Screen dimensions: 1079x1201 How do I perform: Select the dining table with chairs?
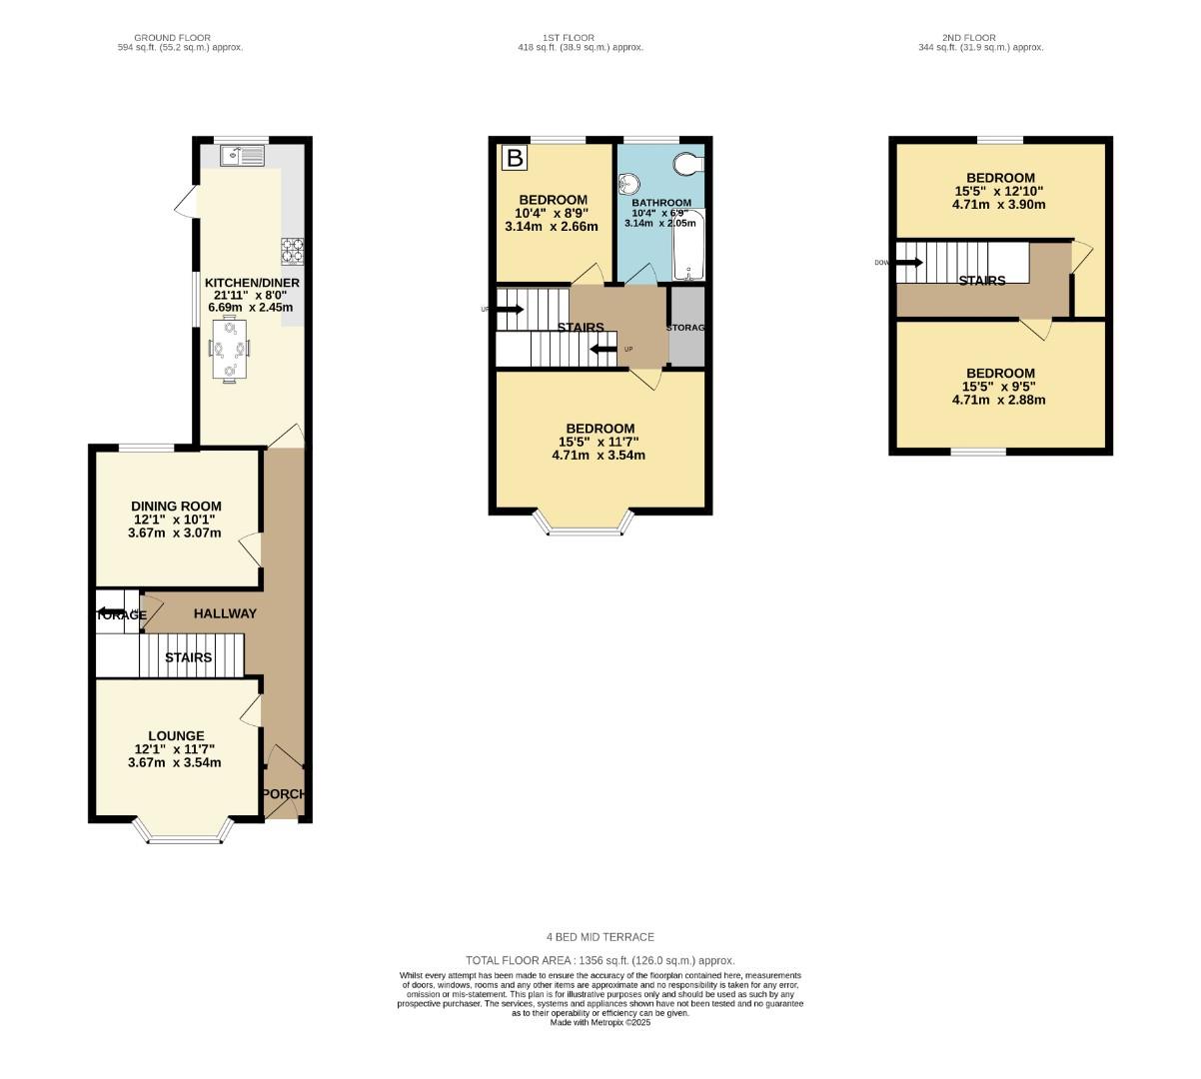(230, 349)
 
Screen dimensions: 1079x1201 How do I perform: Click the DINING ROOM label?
(176, 507)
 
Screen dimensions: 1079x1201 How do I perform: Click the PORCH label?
(284, 794)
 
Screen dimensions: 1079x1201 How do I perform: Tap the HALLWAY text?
(225, 613)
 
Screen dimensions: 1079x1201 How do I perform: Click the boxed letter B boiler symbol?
(514, 158)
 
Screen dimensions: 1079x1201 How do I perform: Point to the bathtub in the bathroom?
(689, 246)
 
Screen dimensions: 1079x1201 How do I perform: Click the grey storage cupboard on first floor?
(686, 327)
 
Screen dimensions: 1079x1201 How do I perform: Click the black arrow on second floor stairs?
(908, 263)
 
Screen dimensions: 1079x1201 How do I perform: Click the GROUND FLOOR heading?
(172, 38)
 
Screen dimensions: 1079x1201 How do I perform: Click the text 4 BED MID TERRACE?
(600, 937)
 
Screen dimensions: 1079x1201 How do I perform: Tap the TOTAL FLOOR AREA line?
(600, 959)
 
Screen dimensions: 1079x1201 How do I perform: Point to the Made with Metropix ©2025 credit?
(600, 1022)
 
